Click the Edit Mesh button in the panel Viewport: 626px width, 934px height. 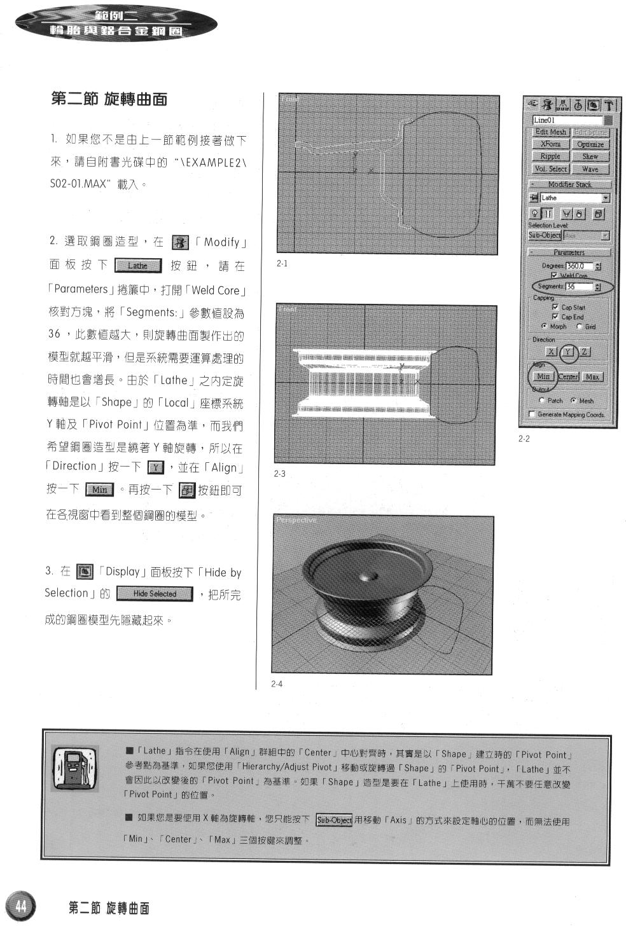[x=550, y=132]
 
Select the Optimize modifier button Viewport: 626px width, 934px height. [x=590, y=144]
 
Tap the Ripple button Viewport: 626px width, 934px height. [x=550, y=156]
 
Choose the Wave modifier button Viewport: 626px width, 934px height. [x=590, y=169]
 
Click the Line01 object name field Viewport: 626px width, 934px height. [x=567, y=120]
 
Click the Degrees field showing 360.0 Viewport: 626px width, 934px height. [x=579, y=266]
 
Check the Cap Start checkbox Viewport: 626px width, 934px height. [x=555, y=307]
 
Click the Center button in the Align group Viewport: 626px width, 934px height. [x=568, y=377]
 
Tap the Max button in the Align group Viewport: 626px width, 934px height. [x=593, y=377]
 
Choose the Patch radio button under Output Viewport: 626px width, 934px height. [x=542, y=401]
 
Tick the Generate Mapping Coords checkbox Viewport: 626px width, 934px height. [x=532, y=415]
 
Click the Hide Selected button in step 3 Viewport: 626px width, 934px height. [x=155, y=594]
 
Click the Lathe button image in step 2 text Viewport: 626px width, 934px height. [x=137, y=266]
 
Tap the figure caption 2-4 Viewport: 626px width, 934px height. [x=276, y=684]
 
